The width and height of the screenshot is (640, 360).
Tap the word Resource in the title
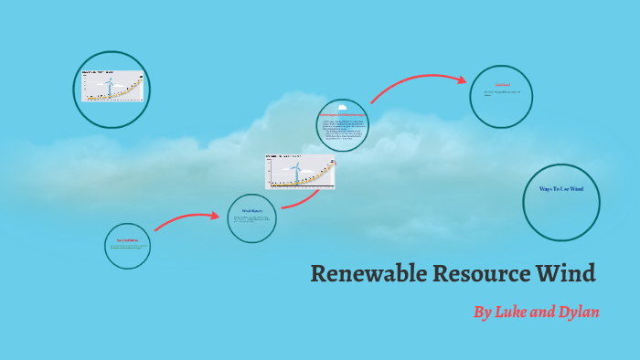[x=472, y=273]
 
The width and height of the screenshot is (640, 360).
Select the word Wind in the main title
[x=565, y=273]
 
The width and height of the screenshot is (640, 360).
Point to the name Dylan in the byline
[x=575, y=312]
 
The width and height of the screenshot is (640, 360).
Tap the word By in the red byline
[x=483, y=312]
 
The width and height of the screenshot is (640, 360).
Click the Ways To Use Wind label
[x=560, y=188]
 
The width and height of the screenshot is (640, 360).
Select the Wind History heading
[x=251, y=211]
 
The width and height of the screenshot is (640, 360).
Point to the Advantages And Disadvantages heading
[x=343, y=116]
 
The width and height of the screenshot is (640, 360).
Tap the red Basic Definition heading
[x=127, y=241]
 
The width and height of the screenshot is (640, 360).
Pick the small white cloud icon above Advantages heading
[x=343, y=109]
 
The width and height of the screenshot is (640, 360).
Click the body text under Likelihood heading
[x=501, y=93]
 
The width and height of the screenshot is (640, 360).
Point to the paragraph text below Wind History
[x=251, y=219]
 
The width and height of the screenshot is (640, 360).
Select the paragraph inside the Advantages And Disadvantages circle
[x=343, y=132]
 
